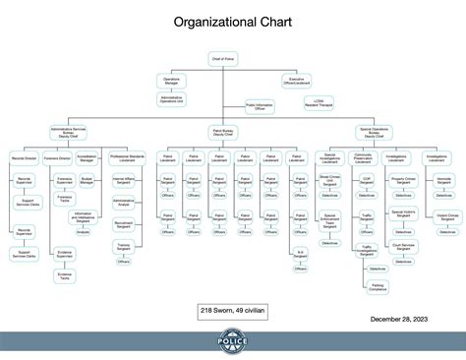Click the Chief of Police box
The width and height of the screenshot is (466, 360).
pos(224,60)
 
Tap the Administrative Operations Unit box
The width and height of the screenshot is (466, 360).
pos(171,98)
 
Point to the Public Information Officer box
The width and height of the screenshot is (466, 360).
pos(260,107)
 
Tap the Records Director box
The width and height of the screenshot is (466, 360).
pos(25,157)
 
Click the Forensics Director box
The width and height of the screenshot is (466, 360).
pos(58,157)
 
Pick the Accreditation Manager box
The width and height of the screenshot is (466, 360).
pos(87,157)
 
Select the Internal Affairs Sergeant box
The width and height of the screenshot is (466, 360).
pos(124,181)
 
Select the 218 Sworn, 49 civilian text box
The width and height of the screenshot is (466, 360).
pos(231,310)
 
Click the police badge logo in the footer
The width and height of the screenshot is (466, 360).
pos(232,344)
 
